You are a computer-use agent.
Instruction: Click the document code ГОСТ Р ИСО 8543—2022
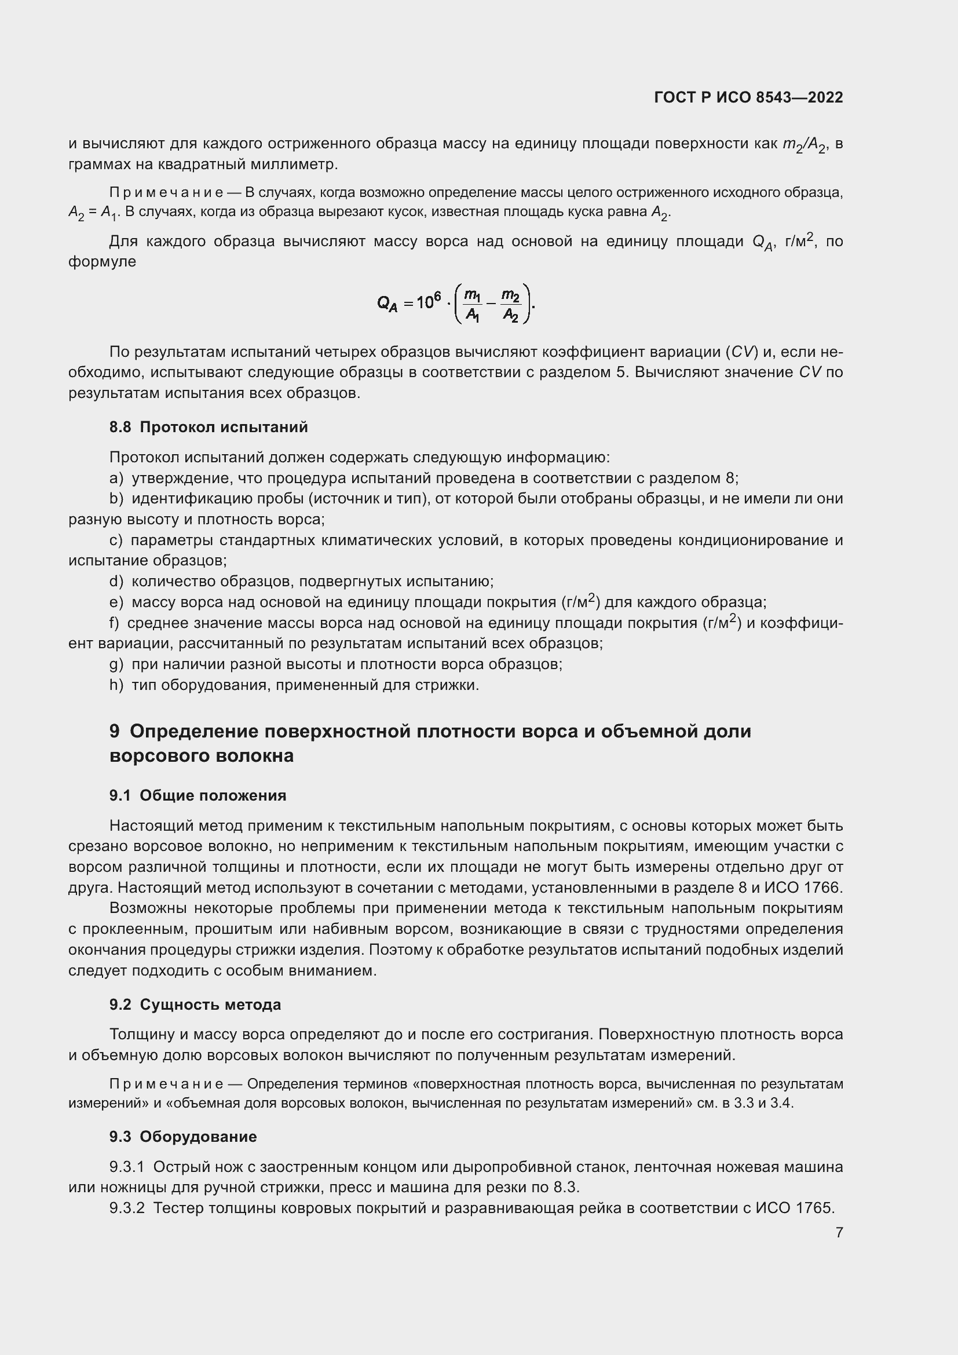[748, 97]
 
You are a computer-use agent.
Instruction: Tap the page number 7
[839, 1233]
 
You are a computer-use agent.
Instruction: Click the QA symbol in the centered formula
[387, 304]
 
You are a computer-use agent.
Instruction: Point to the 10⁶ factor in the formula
[428, 302]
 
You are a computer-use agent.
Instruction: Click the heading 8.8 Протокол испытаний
[209, 427]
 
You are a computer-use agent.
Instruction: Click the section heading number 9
[115, 731]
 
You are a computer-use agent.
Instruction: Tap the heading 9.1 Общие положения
[198, 795]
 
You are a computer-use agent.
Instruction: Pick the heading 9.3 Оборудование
[183, 1137]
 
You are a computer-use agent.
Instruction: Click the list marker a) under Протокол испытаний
[116, 478]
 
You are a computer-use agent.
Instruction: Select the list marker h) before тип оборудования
[116, 685]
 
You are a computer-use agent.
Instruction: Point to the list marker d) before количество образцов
[116, 581]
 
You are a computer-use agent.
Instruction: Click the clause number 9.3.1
[127, 1167]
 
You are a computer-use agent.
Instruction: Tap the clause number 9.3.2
[127, 1208]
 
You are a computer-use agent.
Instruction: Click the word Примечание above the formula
[166, 193]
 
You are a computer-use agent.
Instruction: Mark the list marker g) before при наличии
[116, 664]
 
